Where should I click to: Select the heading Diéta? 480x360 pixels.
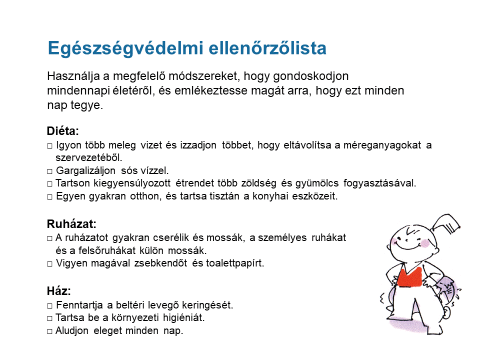(x=63, y=131)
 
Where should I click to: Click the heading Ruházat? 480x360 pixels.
(x=71, y=224)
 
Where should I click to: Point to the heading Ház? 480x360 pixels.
(x=59, y=291)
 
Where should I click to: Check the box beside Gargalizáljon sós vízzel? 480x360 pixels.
(x=49, y=171)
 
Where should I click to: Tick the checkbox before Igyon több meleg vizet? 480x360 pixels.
(x=49, y=145)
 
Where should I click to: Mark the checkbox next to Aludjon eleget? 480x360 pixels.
(x=49, y=331)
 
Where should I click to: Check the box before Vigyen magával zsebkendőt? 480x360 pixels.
(x=49, y=264)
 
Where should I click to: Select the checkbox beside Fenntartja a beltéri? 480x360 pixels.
(x=49, y=306)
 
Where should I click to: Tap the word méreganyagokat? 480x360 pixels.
(x=382, y=145)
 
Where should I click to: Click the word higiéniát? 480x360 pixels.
(x=183, y=318)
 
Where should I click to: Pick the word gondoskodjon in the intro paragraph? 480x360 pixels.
(x=310, y=76)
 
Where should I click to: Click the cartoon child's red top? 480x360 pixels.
(x=409, y=277)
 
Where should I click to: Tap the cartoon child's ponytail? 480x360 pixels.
(x=445, y=223)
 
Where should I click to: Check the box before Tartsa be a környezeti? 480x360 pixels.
(x=49, y=318)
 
